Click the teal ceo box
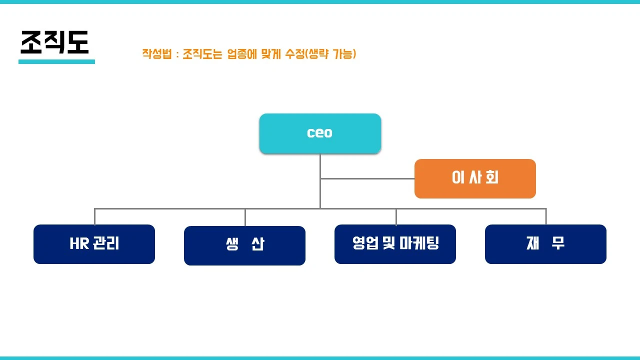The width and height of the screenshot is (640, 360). coord(320,133)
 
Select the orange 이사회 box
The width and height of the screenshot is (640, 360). coord(475,178)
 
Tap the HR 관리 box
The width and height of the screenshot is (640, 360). coord(94,244)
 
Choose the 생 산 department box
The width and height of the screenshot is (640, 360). coord(244,245)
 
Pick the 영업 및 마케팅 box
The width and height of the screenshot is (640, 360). coord(395,244)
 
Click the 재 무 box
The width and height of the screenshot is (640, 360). coord(545,244)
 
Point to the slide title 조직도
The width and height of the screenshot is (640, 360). coord(54,42)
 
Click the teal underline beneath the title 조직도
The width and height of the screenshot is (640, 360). coord(56,62)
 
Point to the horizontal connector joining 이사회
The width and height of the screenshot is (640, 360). coord(367,178)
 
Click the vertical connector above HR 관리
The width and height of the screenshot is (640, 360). coord(94,216)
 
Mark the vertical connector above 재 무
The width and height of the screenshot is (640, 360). coord(545,216)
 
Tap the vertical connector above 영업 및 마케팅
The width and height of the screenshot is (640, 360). coord(396,216)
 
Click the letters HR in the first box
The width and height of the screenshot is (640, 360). coord(79,244)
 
